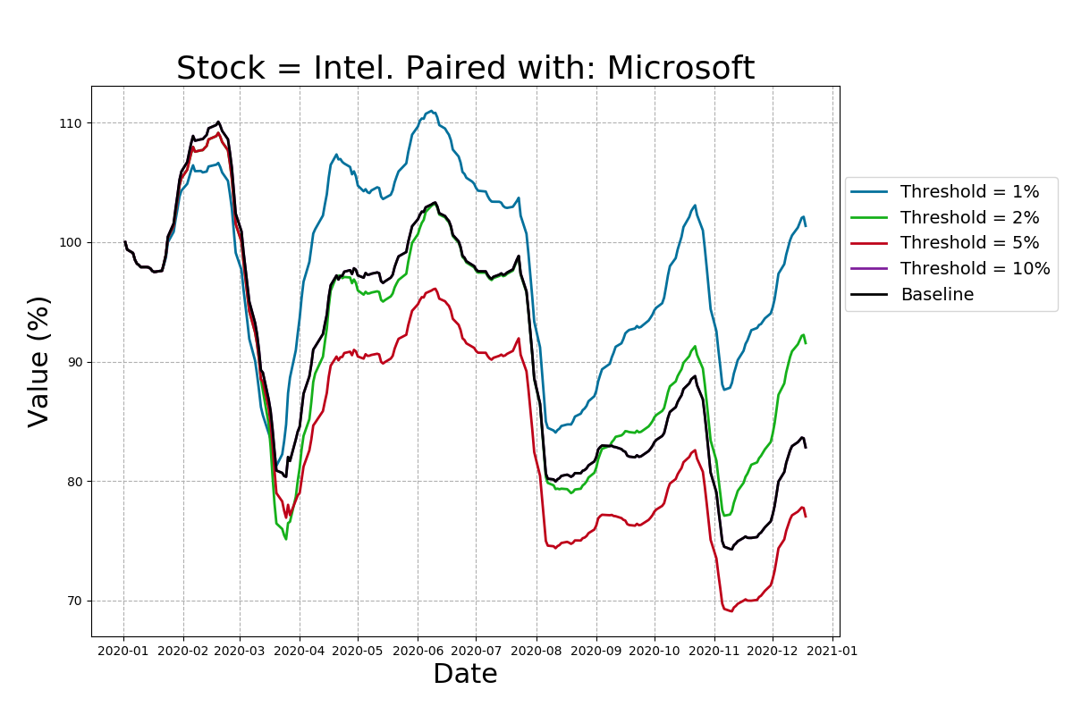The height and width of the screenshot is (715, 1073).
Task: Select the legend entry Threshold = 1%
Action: point(969,192)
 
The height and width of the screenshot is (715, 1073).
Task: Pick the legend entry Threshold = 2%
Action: point(969,218)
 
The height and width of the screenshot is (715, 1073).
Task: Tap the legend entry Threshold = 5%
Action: point(969,243)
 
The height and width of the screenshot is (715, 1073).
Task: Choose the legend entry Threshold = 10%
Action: point(975,269)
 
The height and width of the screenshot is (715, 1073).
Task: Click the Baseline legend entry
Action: point(936,295)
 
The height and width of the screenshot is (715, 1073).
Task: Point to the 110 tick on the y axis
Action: point(71,123)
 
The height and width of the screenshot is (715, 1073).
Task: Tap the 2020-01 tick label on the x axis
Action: point(123,651)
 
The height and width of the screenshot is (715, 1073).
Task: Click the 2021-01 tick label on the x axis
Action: point(832,651)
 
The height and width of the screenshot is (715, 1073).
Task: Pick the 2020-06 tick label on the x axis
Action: point(418,651)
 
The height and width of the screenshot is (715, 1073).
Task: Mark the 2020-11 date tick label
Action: point(714,651)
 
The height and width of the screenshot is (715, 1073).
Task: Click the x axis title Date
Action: point(465,675)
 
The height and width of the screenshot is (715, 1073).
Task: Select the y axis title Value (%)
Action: point(39,361)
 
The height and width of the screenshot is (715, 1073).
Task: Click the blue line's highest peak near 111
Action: point(431,111)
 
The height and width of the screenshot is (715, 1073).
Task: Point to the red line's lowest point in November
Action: point(730,611)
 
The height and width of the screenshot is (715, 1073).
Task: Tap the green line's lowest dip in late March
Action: point(285,539)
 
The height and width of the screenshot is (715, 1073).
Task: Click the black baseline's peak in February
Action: point(218,122)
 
